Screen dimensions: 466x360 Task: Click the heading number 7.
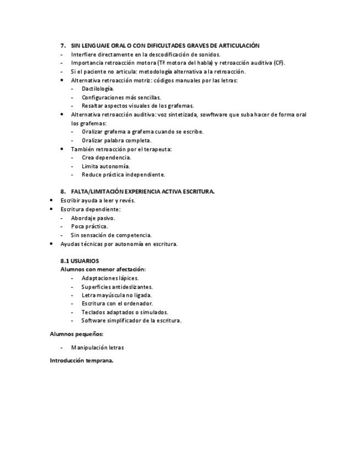(63, 46)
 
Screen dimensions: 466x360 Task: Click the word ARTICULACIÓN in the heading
(238, 46)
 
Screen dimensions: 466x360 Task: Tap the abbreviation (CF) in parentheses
(279, 63)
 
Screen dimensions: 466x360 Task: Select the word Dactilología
(98, 88)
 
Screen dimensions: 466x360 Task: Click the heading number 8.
(63, 192)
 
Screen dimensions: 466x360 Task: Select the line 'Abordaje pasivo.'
(93, 218)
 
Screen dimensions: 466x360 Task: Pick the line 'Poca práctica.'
(90, 226)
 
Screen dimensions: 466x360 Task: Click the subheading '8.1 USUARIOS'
(80, 261)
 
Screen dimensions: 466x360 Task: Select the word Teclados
(93, 312)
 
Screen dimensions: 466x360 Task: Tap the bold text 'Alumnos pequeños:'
(76, 334)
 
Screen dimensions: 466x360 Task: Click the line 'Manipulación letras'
(97, 347)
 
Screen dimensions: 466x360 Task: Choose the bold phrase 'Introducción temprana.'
(81, 361)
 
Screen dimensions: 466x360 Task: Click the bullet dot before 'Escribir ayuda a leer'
(52, 201)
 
